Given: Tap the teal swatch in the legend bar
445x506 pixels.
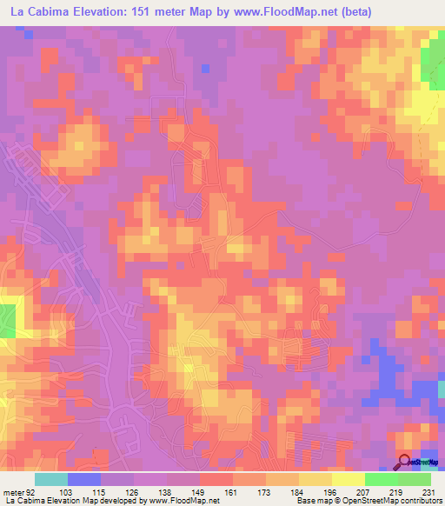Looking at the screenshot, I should tap(51, 479).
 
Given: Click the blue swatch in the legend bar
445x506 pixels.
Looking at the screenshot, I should tap(84, 479).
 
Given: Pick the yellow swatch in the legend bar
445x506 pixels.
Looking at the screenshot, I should tap(349, 479).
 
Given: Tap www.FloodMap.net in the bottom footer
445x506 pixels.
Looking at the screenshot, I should tap(183, 502).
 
